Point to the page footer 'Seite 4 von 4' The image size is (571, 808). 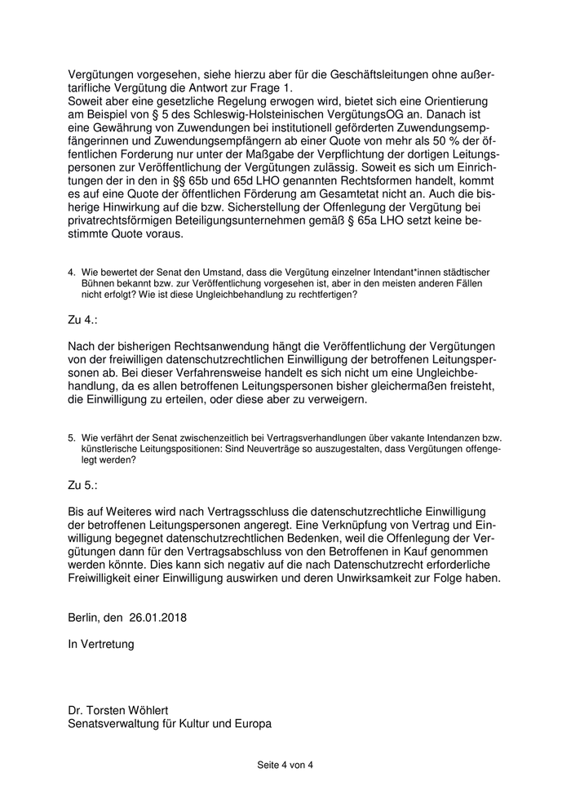(x=285, y=765)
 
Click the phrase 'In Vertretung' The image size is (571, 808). (x=101, y=645)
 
